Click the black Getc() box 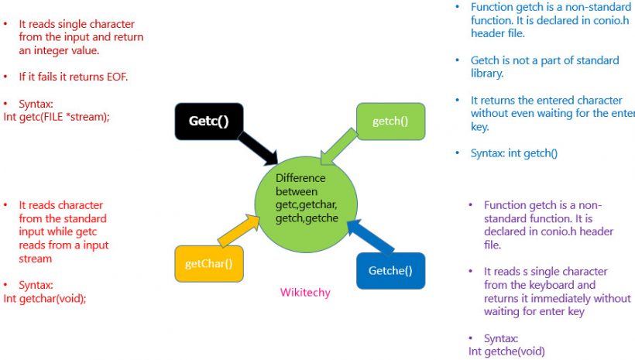(208, 121)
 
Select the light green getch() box (390, 121)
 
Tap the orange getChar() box (209, 264)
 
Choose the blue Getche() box (390, 270)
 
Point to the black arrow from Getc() (263, 150)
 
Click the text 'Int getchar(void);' (45, 298)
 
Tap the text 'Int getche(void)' (506, 351)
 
